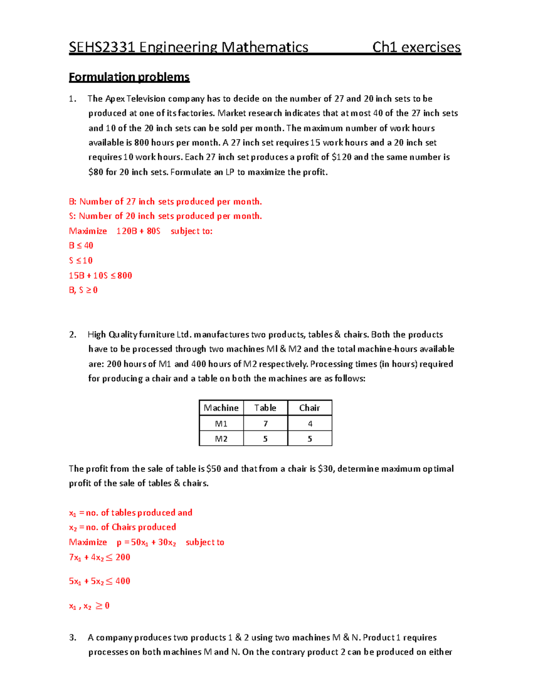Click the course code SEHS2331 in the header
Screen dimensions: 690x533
pos(102,47)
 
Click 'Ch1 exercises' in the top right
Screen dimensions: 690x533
pos(416,47)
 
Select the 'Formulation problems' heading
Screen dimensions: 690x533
pos(129,77)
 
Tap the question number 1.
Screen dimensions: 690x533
pos(72,99)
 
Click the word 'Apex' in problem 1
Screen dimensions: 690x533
pos(115,99)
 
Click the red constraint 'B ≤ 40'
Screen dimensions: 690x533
pos(81,246)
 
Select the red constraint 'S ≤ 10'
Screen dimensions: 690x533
pos(81,260)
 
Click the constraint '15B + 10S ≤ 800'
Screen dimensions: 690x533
pos(100,275)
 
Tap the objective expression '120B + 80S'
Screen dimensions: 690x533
pos(138,231)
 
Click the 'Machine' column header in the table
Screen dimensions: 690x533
pos(221,408)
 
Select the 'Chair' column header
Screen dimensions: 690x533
pos(310,408)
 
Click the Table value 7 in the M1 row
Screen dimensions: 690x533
pos(266,424)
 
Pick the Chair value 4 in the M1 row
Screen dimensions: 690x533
pos(310,424)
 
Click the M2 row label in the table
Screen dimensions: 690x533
pos(221,439)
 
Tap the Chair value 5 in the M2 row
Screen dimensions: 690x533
pos(310,439)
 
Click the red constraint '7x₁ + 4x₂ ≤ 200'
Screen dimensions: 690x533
pos(99,557)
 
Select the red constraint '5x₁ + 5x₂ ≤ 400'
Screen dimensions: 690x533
pos(99,581)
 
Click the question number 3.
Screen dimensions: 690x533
pos(72,638)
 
